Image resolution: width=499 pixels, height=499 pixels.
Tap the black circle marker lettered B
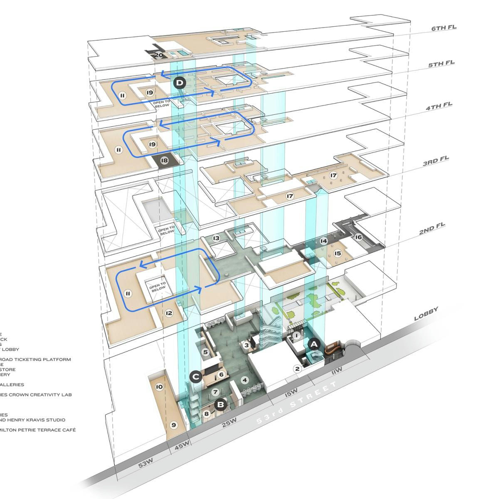(x=221, y=403)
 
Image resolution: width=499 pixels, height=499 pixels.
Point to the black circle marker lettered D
(x=179, y=83)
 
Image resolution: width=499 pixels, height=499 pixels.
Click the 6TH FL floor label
(x=444, y=28)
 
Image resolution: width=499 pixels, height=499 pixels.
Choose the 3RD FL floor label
(x=436, y=161)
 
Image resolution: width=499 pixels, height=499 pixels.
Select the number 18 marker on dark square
(x=164, y=160)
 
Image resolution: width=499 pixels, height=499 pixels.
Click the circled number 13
(x=216, y=238)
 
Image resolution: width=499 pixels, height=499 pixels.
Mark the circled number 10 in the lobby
(x=159, y=387)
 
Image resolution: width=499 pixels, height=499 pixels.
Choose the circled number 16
(x=358, y=237)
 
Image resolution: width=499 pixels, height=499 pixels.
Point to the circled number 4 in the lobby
(x=245, y=380)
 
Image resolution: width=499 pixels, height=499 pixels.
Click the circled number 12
(x=169, y=313)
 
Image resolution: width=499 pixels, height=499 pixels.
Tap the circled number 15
(x=338, y=253)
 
